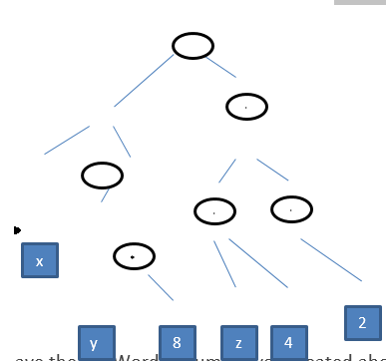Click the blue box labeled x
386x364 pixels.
40,260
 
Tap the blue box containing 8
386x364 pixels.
177,342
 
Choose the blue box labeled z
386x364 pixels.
238,342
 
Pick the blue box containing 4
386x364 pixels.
288,342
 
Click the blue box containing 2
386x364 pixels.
362,322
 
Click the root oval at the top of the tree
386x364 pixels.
193,46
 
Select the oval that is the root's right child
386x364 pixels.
246,106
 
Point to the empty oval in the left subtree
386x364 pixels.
102,176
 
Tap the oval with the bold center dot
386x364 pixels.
134,256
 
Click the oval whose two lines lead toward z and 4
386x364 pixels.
214,210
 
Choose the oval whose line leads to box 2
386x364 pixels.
291,209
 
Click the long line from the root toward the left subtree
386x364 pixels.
144,80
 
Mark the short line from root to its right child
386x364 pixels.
221,67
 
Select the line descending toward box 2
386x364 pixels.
331,259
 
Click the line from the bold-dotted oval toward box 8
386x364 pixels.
161,287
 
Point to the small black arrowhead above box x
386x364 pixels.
17,230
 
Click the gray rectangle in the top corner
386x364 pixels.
359,2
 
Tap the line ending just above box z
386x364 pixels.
224,263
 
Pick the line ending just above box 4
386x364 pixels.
258,263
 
